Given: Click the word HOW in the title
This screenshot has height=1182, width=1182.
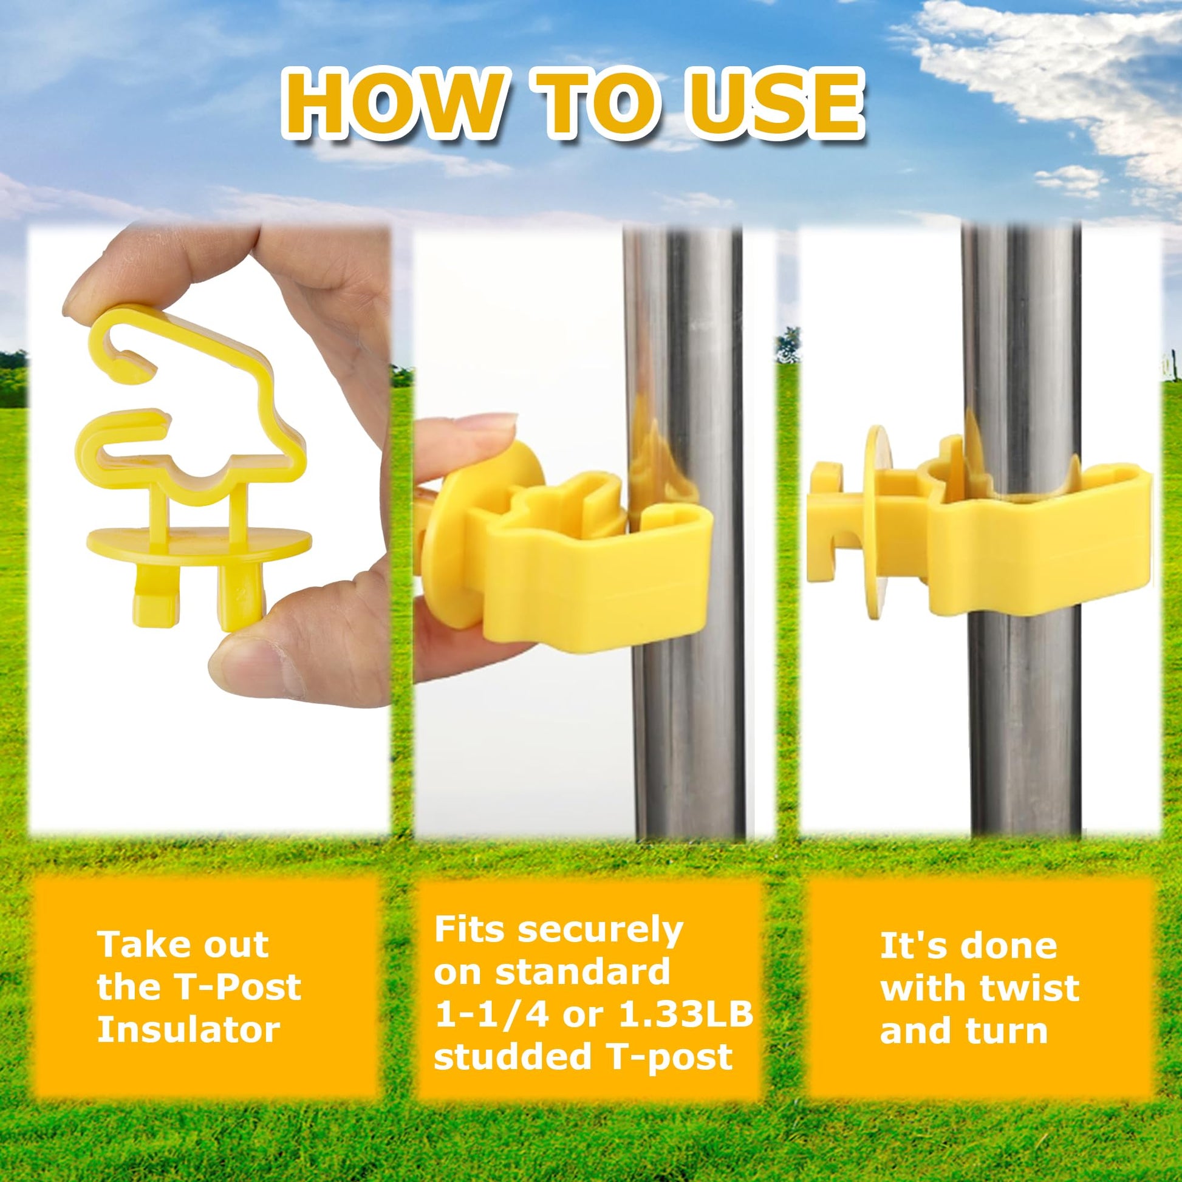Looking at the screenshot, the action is click(394, 104).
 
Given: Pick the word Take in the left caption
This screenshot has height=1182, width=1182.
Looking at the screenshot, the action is click(139, 945).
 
